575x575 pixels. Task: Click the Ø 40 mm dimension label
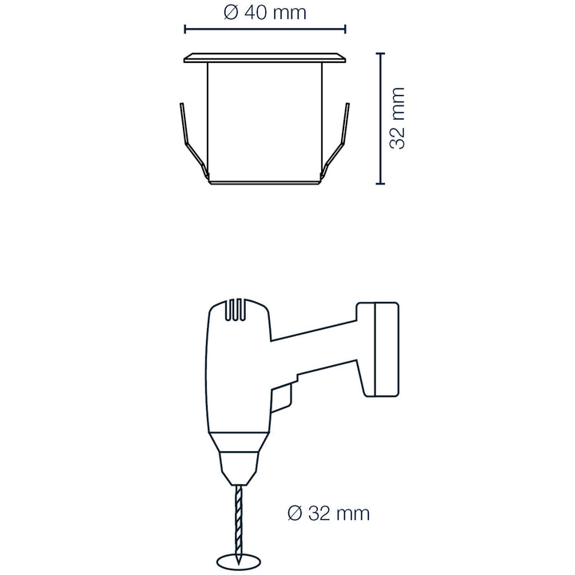click(265, 13)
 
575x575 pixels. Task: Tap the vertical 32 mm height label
click(397, 118)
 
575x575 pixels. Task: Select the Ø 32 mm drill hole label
click(329, 513)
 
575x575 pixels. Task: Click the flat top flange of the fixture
click(265, 58)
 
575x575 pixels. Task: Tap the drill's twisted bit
click(239, 525)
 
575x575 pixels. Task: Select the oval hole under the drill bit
click(239, 561)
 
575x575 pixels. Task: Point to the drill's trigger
click(282, 399)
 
